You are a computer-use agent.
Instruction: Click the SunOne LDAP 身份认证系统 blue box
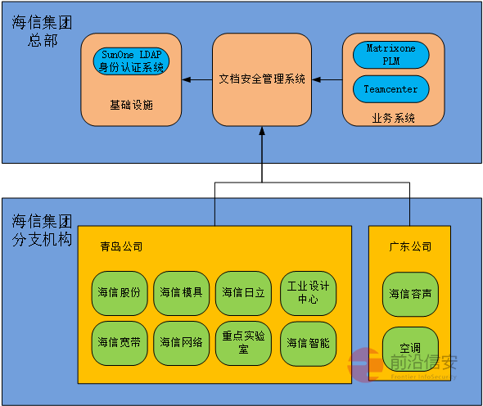131,61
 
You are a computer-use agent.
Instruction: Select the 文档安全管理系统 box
262,79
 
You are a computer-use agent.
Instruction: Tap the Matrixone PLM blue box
390,55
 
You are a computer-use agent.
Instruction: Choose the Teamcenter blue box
390,89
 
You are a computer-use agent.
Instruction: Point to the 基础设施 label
131,106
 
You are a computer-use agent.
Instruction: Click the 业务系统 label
393,118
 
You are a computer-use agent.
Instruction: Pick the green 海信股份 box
119,292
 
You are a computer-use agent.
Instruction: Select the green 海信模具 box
181,292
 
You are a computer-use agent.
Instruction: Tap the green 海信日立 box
243,292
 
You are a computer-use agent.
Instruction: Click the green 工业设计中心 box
308,292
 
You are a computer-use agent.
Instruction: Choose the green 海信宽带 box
119,343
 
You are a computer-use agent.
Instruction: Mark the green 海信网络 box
181,343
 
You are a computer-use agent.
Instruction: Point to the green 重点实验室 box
243,343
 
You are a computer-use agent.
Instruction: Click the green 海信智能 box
308,343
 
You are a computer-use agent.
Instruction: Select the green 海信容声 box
410,294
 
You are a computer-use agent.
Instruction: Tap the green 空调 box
410,348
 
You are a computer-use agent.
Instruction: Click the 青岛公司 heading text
121,246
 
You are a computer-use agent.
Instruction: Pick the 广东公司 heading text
410,246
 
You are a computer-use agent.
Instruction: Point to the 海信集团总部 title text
42,31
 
